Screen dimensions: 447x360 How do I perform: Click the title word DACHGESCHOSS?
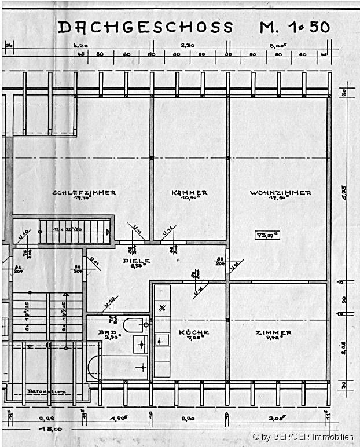145,27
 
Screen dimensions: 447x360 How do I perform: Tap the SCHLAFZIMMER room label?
84,193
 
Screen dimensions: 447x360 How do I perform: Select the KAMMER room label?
189,193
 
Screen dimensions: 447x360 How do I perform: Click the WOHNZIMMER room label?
280,193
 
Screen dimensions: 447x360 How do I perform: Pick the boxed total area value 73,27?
267,235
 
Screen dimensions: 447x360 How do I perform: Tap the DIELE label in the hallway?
137,261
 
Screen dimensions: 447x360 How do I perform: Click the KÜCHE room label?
193,332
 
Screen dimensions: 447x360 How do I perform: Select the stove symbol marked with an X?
162,307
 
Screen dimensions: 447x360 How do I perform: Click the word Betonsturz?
46,391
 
